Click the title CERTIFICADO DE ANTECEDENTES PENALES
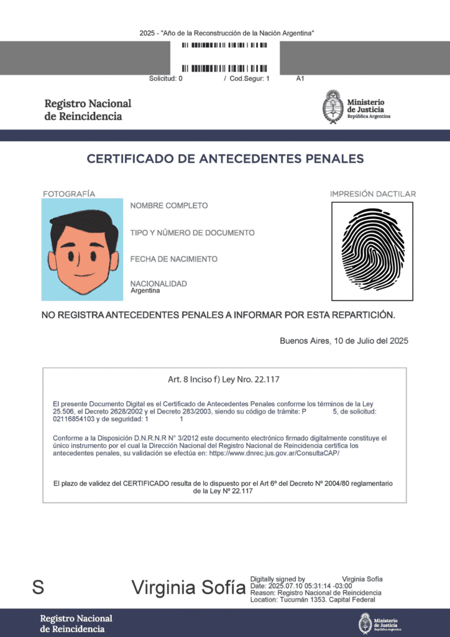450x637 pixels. tap(225, 159)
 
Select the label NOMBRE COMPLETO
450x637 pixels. tap(169, 206)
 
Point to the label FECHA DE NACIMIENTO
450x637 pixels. tap(174, 259)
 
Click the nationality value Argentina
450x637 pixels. tap(145, 291)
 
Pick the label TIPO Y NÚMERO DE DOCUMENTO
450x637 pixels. tap(192, 233)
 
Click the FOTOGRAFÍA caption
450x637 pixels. tap(69, 194)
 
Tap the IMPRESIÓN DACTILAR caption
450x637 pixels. tap(373, 194)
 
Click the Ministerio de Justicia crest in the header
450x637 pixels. tap(333, 107)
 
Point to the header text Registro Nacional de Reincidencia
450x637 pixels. tap(88, 109)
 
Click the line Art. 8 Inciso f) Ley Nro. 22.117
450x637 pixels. tap(224, 379)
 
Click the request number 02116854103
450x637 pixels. tap(73, 419)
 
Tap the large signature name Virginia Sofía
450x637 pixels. tap(188, 588)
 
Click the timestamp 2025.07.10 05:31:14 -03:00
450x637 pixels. tap(310, 586)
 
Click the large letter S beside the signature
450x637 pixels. tap(38, 587)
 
